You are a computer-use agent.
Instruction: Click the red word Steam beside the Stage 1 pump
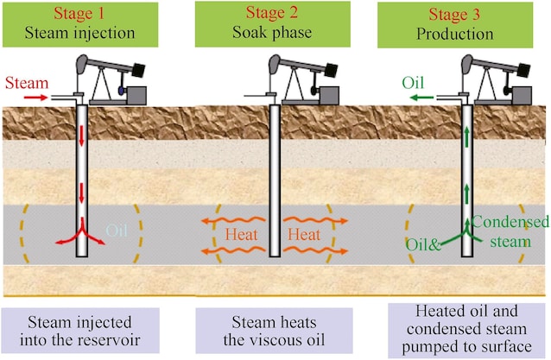[x=23, y=83]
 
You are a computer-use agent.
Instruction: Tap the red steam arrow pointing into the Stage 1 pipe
[x=35, y=98]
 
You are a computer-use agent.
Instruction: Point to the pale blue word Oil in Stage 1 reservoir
[x=118, y=231]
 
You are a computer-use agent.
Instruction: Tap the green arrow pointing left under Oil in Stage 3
[x=421, y=98]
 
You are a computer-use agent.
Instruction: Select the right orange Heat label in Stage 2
[x=304, y=234]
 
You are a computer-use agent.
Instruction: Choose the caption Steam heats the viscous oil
[x=273, y=332]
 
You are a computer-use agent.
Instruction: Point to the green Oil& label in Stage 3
[x=423, y=245]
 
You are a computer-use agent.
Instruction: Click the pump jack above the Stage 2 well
[x=302, y=82]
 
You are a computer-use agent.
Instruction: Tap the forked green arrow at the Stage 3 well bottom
[x=467, y=231]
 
